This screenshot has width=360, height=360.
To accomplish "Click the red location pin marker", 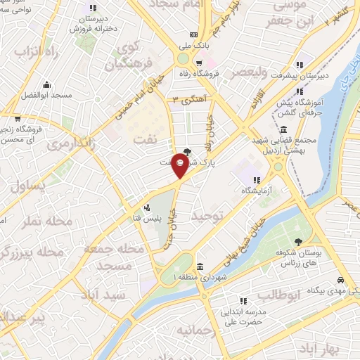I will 180,167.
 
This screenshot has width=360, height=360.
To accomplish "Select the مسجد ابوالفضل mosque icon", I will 47,84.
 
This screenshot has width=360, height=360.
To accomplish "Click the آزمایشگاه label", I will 257,191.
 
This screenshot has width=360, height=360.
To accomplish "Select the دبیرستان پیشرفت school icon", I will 301,61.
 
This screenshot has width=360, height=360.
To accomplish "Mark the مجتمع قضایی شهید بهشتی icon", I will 282,129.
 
